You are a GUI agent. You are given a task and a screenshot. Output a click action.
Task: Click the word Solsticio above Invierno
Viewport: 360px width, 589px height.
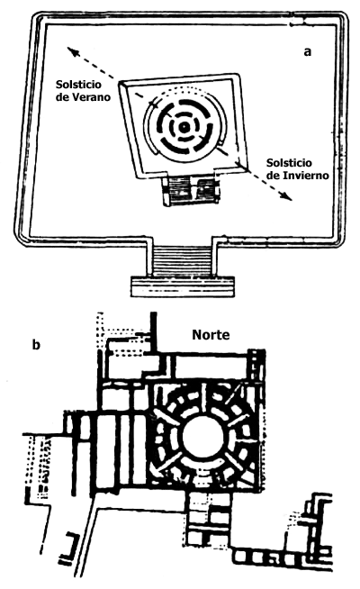click(289, 163)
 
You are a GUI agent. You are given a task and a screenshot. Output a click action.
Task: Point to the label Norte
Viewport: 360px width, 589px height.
click(211, 334)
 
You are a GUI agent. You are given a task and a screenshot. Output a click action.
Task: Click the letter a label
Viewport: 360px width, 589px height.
click(308, 52)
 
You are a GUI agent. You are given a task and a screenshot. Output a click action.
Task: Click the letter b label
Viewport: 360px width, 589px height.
click(36, 344)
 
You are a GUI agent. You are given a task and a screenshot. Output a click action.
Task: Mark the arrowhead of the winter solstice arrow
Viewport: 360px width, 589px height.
click(286, 196)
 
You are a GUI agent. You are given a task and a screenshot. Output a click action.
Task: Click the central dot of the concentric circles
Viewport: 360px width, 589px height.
click(184, 128)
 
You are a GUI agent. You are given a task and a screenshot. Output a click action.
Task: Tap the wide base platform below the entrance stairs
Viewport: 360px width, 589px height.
click(183, 287)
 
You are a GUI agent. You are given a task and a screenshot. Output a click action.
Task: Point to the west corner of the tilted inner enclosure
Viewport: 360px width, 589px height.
click(121, 84)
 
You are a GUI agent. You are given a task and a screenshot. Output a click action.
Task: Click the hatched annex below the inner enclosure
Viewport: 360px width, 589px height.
click(191, 191)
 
